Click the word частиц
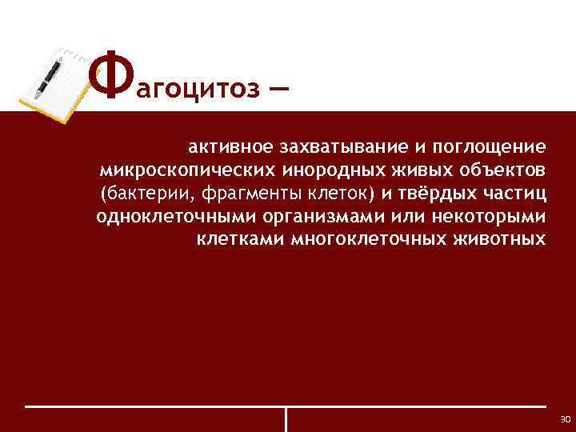click(x=517, y=194)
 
